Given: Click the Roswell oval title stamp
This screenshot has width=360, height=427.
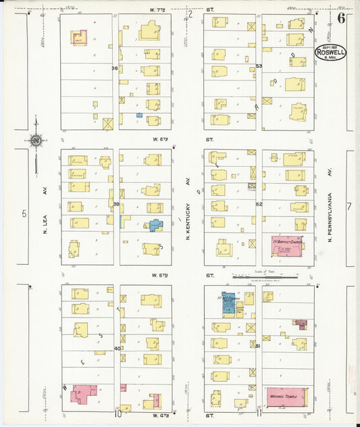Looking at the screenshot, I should tap(330, 53).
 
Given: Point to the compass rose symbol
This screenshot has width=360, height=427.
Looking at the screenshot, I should tap(35, 140).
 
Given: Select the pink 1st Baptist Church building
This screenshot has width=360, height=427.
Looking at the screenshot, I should tap(287, 247).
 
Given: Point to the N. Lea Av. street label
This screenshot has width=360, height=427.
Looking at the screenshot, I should tap(45, 205).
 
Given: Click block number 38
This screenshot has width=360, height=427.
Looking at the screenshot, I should tap(115, 68).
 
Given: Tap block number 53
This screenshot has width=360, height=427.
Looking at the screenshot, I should tap(259, 66).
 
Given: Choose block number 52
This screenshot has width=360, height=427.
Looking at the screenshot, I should tap(259, 203).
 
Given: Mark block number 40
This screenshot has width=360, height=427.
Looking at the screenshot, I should tap(116, 349).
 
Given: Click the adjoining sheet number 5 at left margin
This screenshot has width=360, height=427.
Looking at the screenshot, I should tap(24, 214).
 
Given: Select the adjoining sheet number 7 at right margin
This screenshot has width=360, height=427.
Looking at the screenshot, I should tap(349, 206).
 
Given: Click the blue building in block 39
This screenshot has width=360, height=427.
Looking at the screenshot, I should tap(155, 226).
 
